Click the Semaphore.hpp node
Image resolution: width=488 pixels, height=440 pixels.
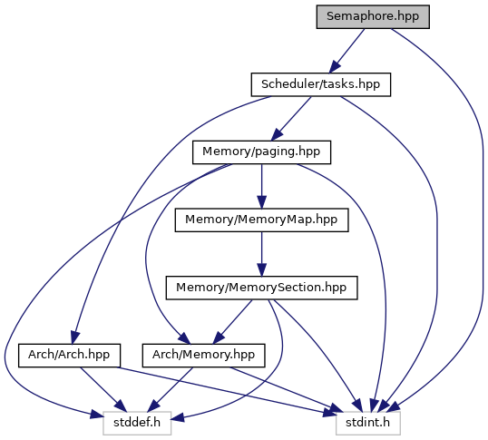point(373,17)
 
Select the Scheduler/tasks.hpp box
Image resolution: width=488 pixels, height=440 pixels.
point(321,84)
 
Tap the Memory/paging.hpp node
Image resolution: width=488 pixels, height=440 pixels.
point(261,152)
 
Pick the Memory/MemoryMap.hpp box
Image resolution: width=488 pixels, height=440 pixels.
point(261,220)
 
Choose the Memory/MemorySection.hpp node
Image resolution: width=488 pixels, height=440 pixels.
point(261,288)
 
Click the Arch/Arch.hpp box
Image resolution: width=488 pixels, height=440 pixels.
point(69,356)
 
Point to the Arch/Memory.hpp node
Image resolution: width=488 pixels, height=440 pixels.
point(203,356)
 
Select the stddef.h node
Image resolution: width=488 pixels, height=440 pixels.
point(137,423)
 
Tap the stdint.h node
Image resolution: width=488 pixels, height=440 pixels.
point(368,423)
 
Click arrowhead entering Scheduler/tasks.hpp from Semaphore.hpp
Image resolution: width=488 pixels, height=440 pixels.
point(335,67)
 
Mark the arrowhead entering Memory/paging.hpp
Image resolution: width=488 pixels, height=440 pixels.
point(277,135)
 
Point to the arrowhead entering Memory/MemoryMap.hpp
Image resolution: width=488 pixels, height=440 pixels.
point(261,202)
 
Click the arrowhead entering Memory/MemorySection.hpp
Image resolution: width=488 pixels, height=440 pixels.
point(261,269)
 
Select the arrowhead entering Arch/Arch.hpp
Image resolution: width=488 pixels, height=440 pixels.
point(75,337)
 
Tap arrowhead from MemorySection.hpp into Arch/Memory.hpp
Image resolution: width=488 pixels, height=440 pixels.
point(219,337)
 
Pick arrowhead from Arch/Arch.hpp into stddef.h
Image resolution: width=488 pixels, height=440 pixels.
point(121,406)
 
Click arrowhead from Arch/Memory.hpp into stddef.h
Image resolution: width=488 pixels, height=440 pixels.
point(153,406)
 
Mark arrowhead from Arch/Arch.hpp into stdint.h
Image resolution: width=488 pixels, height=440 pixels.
point(329,413)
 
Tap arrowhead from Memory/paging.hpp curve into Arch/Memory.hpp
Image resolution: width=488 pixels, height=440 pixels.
point(184,338)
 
